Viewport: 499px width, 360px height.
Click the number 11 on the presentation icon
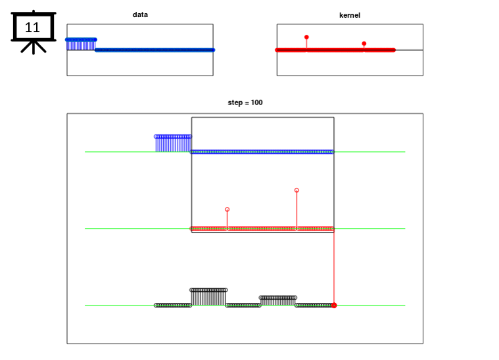pyautogui.click(x=32, y=28)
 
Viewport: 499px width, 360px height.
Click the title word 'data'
pyautogui.click(x=140, y=14)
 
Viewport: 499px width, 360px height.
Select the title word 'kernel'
pyautogui.click(x=350, y=15)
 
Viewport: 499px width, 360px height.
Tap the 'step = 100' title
pyautogui.click(x=245, y=102)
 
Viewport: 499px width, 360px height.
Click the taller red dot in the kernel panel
pyautogui.click(x=306, y=37)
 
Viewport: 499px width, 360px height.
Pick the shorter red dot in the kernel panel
pyautogui.click(x=364, y=43)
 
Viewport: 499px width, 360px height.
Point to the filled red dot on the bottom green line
pyautogui.click(x=334, y=305)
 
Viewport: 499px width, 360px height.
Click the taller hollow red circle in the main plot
pyautogui.click(x=297, y=190)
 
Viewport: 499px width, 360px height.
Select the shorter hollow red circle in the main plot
pyautogui.click(x=227, y=210)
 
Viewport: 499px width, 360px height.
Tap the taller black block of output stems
pyautogui.click(x=208, y=297)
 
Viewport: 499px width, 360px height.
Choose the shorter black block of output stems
pyautogui.click(x=278, y=301)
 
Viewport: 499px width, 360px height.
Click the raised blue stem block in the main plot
pyautogui.click(x=173, y=143)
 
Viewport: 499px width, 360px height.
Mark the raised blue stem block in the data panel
pyautogui.click(x=81, y=44)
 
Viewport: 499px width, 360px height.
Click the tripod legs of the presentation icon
pyautogui.click(x=34, y=47)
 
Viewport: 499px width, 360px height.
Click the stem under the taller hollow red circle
pyautogui.click(x=297, y=210)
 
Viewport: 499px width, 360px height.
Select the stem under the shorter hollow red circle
pyautogui.click(x=227, y=219)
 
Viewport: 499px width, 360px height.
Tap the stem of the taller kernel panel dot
pyautogui.click(x=306, y=44)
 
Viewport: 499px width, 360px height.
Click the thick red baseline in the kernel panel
pyautogui.click(x=335, y=50)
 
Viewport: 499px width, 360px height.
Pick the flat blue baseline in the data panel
pyautogui.click(x=155, y=50)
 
